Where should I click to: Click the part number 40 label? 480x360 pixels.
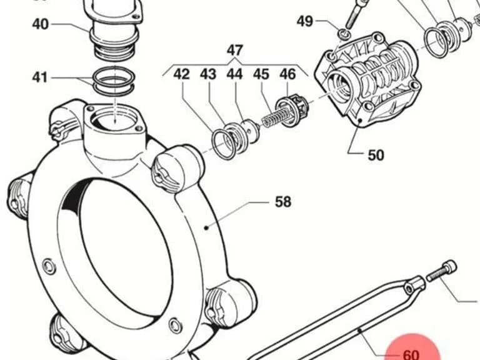tap(41, 24)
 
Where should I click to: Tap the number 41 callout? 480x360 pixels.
tap(40, 77)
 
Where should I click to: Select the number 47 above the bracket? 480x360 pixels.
tap(235, 50)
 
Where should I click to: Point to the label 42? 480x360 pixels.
tap(181, 74)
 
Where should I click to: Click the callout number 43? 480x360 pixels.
tap(208, 74)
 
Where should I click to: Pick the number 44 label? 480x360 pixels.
tap(234, 74)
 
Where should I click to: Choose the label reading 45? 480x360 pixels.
tap(261, 74)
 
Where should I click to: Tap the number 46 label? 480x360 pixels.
tap(287, 74)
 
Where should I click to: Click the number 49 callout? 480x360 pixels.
tap(305, 21)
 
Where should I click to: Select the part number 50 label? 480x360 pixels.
tap(376, 155)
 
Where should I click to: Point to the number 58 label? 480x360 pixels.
tap(283, 202)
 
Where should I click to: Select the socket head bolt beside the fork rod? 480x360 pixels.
tap(441, 270)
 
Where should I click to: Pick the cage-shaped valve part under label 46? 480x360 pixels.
tap(292, 111)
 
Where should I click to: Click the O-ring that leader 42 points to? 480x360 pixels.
tap(224, 144)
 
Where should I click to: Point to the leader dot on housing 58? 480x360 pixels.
tap(207, 227)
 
